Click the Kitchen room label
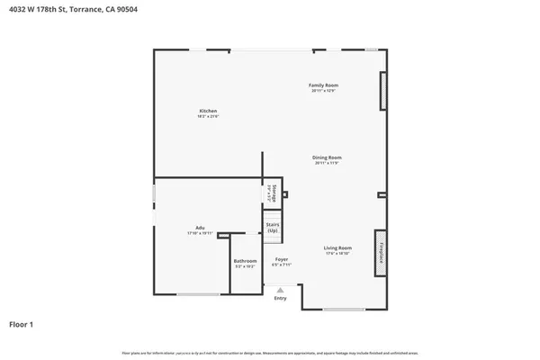coord(208,111)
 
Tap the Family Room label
coord(324,85)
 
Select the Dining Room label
coord(328,157)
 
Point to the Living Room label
coord(337,247)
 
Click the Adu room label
coord(199,227)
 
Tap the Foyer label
coord(282,259)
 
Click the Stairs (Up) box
coord(272,227)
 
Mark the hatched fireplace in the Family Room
coord(383,92)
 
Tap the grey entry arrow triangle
coord(280,290)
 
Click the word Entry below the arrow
coord(280,298)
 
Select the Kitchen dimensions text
coord(208,117)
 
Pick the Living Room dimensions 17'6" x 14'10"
coord(337,254)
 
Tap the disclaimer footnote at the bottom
coord(270,352)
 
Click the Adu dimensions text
coord(199,233)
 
